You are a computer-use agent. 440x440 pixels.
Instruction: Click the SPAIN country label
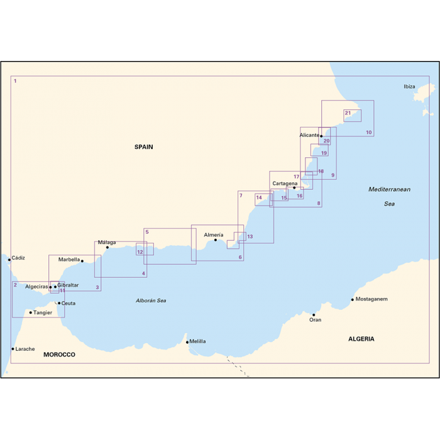click(x=143, y=147)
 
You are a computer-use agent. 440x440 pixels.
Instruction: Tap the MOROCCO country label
click(x=59, y=355)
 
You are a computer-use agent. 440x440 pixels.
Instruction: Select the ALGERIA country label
click(x=361, y=339)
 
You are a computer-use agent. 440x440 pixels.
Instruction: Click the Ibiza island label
click(x=409, y=87)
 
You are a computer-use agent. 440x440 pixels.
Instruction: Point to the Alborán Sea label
click(x=151, y=300)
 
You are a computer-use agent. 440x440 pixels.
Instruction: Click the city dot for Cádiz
click(x=9, y=259)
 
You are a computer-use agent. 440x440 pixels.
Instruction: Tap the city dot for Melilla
click(x=187, y=342)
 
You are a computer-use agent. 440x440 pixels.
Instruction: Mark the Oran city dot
click(x=314, y=315)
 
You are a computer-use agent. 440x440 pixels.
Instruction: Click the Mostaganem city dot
click(x=353, y=299)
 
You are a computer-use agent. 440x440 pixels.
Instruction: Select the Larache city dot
click(x=13, y=349)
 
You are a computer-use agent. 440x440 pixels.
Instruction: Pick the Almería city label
click(x=214, y=234)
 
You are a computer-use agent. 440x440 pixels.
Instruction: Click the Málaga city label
click(x=107, y=242)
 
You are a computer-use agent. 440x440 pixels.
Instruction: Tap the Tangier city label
click(x=43, y=312)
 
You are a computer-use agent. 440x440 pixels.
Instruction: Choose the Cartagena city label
click(x=285, y=184)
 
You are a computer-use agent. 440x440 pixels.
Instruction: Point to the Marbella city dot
click(x=82, y=261)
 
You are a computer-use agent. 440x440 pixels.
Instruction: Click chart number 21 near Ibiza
click(x=348, y=113)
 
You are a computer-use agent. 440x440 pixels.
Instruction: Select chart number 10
click(x=369, y=133)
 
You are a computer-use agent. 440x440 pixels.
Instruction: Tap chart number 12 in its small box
click(x=140, y=252)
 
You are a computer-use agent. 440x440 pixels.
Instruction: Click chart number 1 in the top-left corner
click(x=15, y=81)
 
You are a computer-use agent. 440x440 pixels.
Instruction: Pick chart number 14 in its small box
click(x=258, y=198)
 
